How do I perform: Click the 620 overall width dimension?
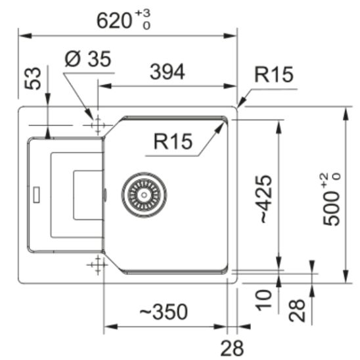coord(114,21)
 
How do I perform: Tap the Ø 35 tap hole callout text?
coord(88,58)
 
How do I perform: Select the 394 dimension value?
coord(168,72)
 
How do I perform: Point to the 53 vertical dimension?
coord(33,78)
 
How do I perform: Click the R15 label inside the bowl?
coord(173,141)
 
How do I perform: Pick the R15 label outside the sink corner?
coord(274,74)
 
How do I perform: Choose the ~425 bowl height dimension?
coord(266,199)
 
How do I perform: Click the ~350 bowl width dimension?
coord(164,311)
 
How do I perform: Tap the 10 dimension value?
coord(264,300)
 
